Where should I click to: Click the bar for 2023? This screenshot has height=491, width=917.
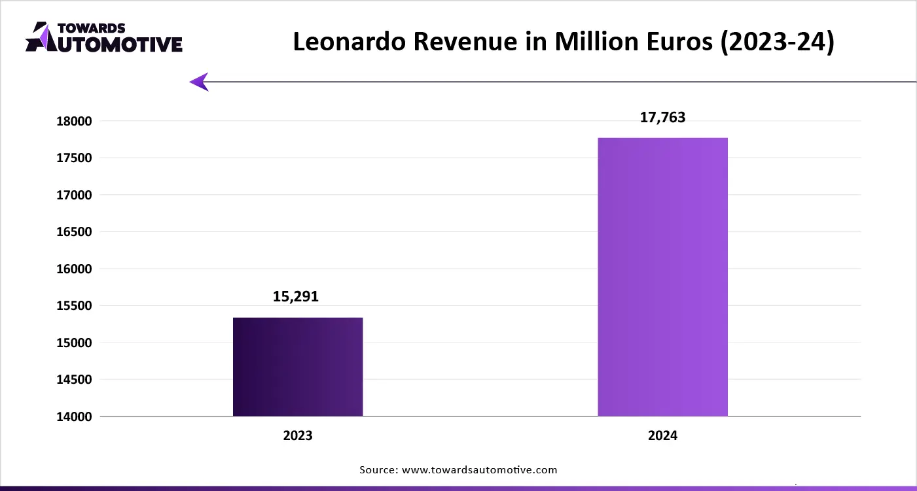click(x=298, y=367)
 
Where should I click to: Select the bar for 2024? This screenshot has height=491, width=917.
click(x=662, y=277)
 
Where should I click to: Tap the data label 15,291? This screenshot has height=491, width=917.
click(x=295, y=296)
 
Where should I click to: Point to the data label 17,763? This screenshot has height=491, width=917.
click(x=662, y=118)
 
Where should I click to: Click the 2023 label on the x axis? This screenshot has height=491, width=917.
click(x=298, y=435)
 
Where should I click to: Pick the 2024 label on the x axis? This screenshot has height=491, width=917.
click(x=663, y=435)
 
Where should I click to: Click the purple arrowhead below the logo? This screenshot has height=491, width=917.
click(x=199, y=82)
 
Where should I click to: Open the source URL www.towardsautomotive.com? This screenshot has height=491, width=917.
click(x=478, y=469)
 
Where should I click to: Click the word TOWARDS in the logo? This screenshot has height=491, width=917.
click(x=92, y=28)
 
